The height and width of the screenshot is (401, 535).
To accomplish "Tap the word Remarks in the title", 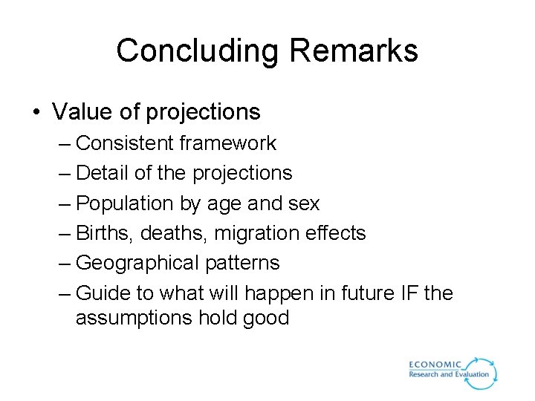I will click(x=354, y=51).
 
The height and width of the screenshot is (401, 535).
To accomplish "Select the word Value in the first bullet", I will click(x=80, y=112).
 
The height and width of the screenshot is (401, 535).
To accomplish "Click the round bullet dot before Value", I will click(x=36, y=112).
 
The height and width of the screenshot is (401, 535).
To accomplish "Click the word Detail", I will click(x=103, y=173).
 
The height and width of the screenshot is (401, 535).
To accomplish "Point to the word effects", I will click(x=337, y=233).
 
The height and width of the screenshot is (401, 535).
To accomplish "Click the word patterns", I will click(x=245, y=263).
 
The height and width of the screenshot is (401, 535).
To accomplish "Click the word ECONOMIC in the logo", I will click(x=435, y=365).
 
